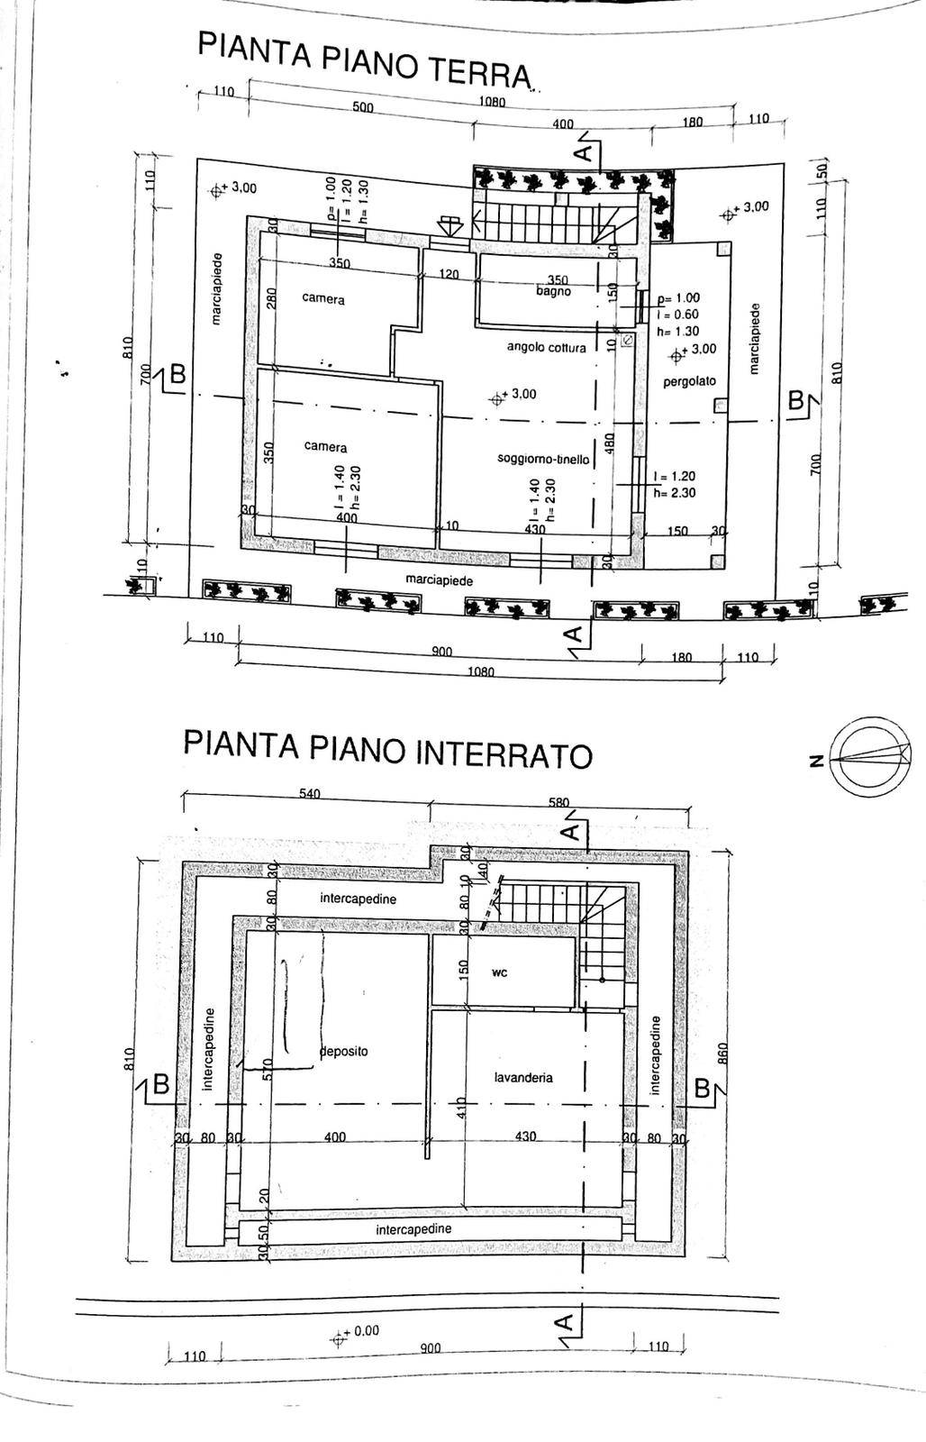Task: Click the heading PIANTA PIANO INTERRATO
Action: click(387, 749)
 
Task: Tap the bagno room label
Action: click(554, 291)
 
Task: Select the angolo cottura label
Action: click(546, 347)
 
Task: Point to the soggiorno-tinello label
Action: click(543, 459)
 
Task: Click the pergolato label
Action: click(689, 381)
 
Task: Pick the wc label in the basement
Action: click(500, 972)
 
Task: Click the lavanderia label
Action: click(523, 1077)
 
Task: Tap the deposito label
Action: click(344, 1051)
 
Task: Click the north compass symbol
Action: click(869, 755)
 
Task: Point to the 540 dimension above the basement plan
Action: click(309, 794)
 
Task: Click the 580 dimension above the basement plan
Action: click(558, 801)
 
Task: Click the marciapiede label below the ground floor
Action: click(439, 580)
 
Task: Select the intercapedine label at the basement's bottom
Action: click(413, 1228)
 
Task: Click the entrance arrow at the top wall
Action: click(449, 224)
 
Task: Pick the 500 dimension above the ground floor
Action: click(362, 107)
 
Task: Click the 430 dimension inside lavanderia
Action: click(525, 1136)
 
